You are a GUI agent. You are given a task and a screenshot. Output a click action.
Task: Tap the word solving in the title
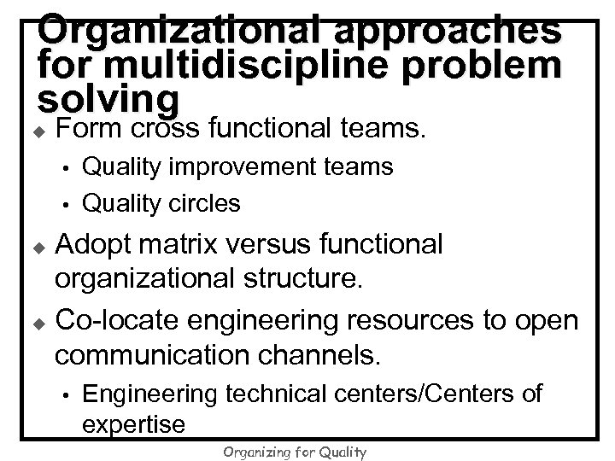coord(108,101)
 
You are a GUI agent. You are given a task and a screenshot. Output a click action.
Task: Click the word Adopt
coord(96,245)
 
